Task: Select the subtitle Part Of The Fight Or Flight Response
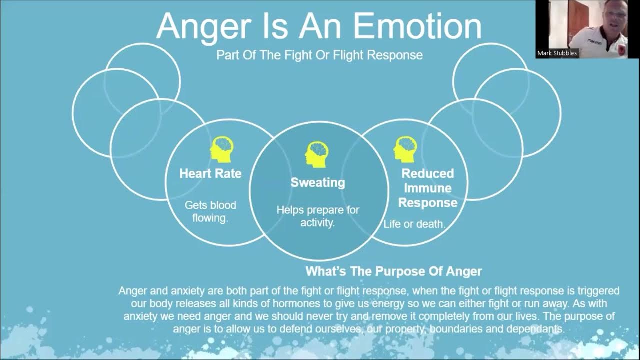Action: click(319, 55)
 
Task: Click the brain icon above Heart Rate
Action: click(222, 149)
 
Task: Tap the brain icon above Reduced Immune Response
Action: click(405, 149)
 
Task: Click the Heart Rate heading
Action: click(210, 174)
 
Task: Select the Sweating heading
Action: click(318, 183)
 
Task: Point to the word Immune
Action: click(427, 188)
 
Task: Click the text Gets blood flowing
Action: click(210, 212)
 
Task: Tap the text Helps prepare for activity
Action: click(318, 216)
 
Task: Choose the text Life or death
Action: click(414, 224)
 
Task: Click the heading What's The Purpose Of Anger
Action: click(394, 272)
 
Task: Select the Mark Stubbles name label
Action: click(557, 53)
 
